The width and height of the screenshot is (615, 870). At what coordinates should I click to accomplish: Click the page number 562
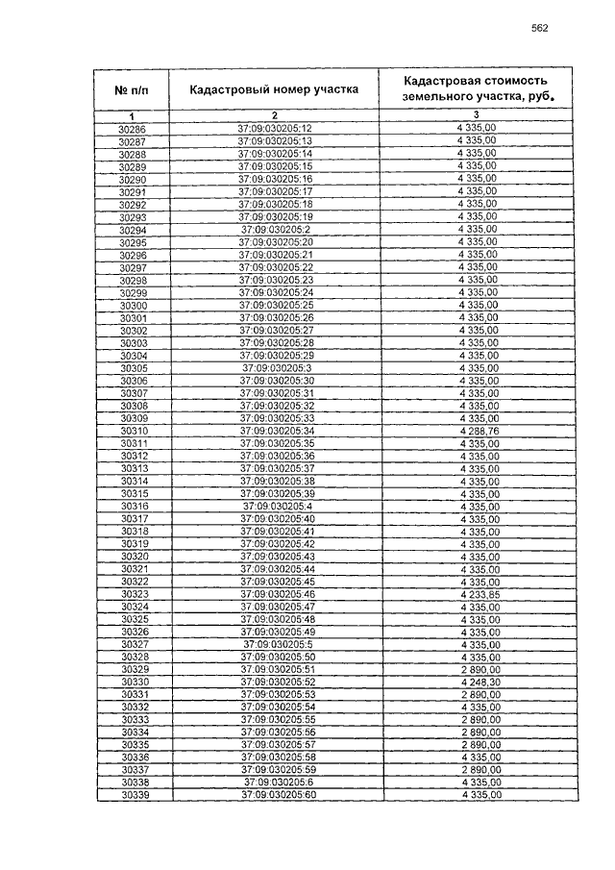pos(539,28)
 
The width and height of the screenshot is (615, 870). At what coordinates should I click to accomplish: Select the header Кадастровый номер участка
pos(274,89)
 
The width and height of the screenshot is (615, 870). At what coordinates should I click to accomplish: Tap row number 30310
pos(133,431)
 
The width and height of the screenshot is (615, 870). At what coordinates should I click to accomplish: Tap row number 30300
pos(133,305)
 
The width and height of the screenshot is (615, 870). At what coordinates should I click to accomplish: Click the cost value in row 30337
pos(480,770)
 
